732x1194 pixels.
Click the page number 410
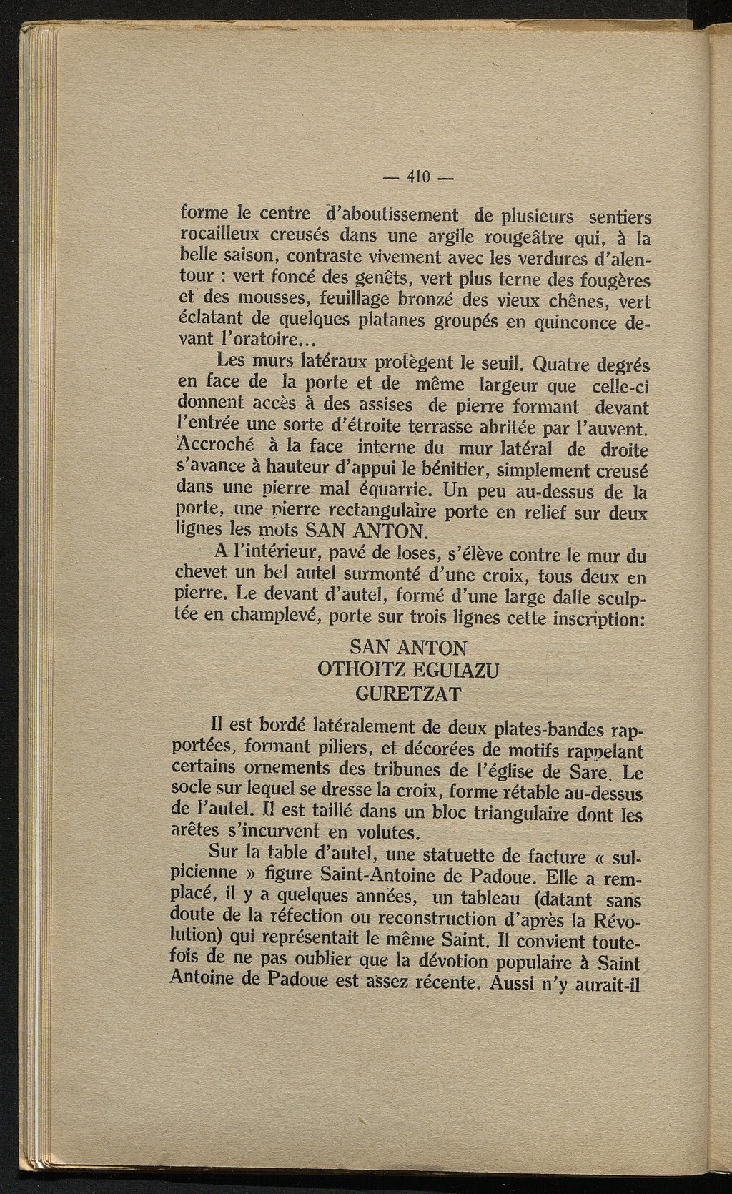point(416,177)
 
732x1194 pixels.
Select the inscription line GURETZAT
point(410,694)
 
